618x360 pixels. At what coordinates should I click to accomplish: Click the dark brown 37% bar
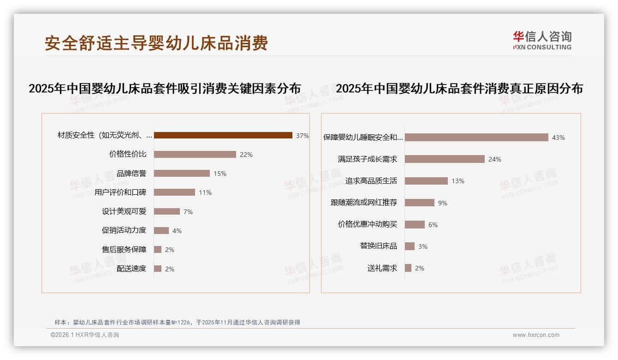coord(223,135)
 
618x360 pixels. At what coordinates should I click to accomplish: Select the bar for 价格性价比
coord(195,154)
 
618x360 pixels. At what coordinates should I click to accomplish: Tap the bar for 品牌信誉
coord(182,174)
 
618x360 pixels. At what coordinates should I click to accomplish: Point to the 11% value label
coord(205,192)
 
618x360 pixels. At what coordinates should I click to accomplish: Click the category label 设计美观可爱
coord(124,211)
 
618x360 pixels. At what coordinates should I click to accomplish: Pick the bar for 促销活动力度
coord(161,230)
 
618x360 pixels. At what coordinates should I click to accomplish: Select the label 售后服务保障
coord(124,249)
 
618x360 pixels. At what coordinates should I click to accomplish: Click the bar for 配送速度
coord(158,269)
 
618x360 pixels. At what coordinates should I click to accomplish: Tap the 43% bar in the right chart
coord(476,137)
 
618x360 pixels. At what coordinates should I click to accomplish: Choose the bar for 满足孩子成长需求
coord(445,159)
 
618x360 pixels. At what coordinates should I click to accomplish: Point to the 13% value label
coord(458,181)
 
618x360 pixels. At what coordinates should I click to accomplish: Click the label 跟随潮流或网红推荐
coord(364,203)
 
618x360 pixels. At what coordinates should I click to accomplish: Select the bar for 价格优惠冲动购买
coord(415,224)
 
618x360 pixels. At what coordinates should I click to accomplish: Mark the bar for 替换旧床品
coord(410,246)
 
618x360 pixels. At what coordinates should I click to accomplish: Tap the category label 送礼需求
coord(382,268)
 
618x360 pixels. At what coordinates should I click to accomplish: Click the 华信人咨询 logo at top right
coord(542,40)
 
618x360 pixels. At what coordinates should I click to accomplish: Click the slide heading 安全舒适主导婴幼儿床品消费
coord(156,43)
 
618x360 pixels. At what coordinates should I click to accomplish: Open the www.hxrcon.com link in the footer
coord(536,335)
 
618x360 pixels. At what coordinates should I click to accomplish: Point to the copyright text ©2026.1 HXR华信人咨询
coord(85,335)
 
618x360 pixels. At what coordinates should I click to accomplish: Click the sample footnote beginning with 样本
coord(177,322)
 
